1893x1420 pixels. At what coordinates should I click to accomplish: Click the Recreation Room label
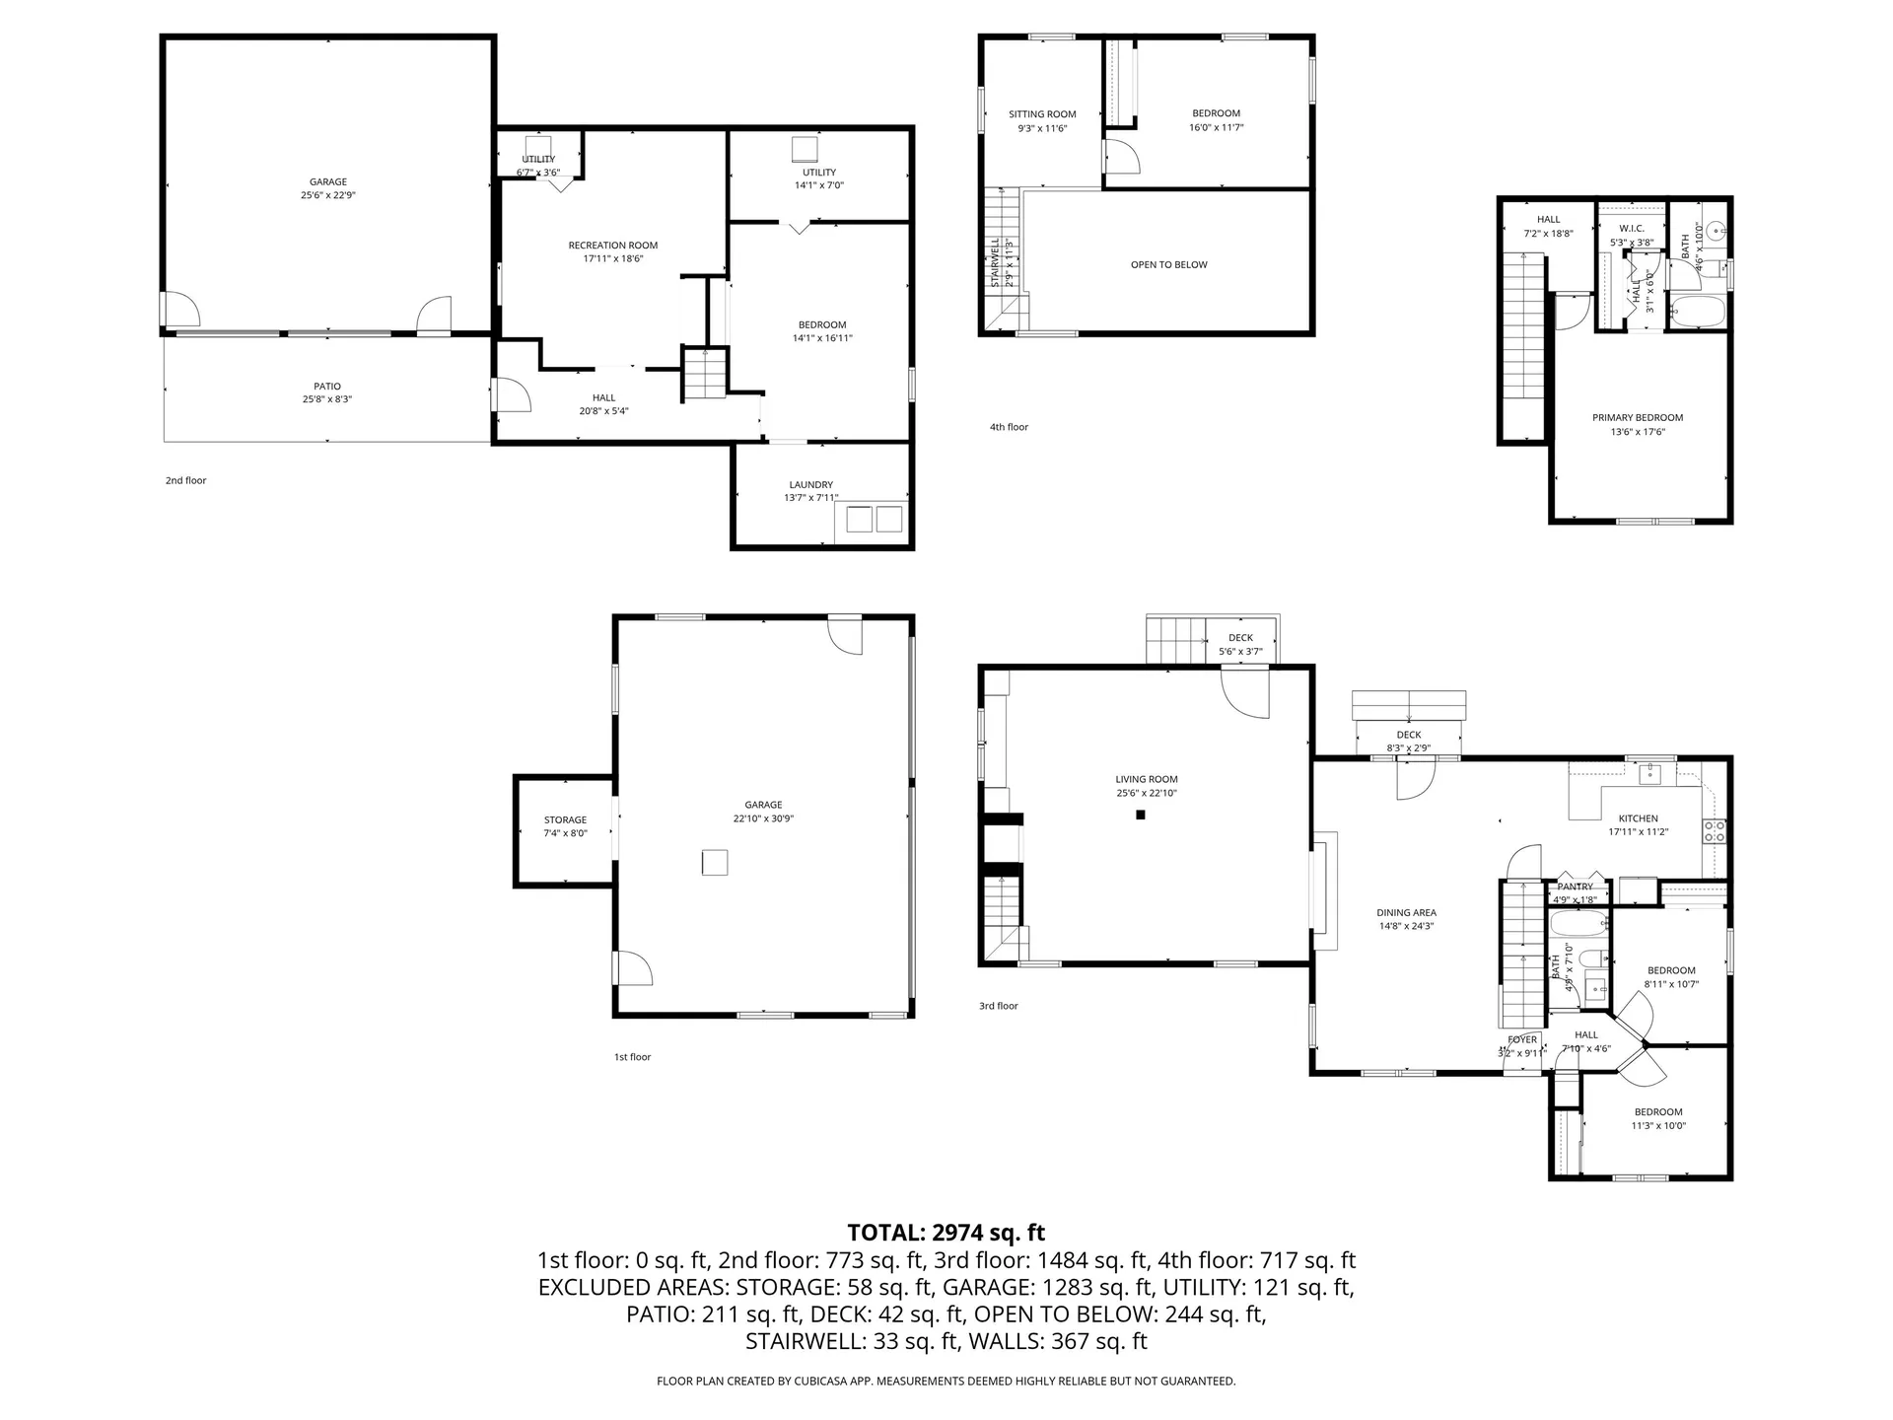[612, 246]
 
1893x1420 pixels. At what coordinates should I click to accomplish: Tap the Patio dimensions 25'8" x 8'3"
[327, 399]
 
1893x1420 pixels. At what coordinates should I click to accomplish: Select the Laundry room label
[810, 484]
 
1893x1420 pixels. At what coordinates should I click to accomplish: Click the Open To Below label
[1168, 264]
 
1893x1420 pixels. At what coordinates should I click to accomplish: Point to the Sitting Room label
[1042, 114]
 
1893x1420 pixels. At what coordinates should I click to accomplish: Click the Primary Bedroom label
[1638, 417]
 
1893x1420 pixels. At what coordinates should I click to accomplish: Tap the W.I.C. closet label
[1632, 228]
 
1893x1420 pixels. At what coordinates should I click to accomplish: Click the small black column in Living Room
[1141, 815]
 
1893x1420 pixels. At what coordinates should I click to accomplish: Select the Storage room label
[565, 819]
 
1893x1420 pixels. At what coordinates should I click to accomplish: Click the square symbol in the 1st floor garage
[715, 862]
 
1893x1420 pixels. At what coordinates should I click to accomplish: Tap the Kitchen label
[1638, 818]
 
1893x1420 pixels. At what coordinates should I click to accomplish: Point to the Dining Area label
[1406, 912]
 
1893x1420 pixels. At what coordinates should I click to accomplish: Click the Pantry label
[1576, 887]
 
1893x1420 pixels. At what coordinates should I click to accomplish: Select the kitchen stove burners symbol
[1714, 831]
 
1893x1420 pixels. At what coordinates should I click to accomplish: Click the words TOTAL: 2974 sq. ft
[946, 1233]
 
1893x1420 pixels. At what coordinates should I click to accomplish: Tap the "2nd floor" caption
[185, 480]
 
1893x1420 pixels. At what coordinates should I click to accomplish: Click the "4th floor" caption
[1009, 427]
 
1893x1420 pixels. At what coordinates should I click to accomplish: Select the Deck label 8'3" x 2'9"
[1408, 747]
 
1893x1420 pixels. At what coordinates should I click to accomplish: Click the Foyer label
[1522, 1039]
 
